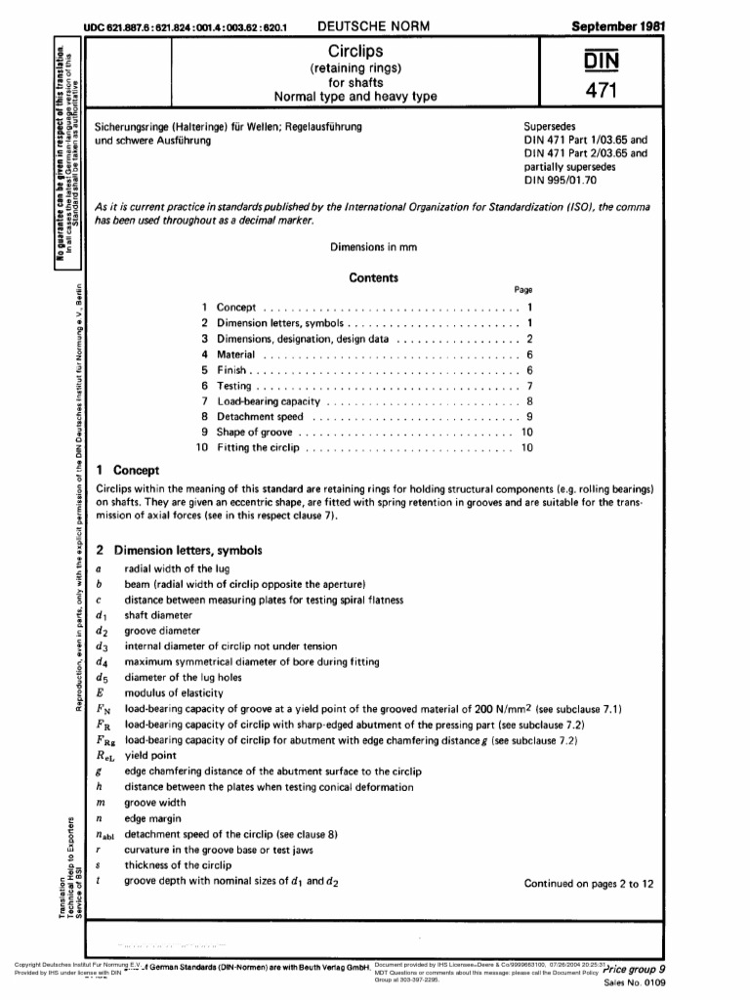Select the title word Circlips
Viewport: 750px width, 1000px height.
pyautogui.click(x=355, y=49)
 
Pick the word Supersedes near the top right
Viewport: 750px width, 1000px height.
pyautogui.click(x=554, y=127)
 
